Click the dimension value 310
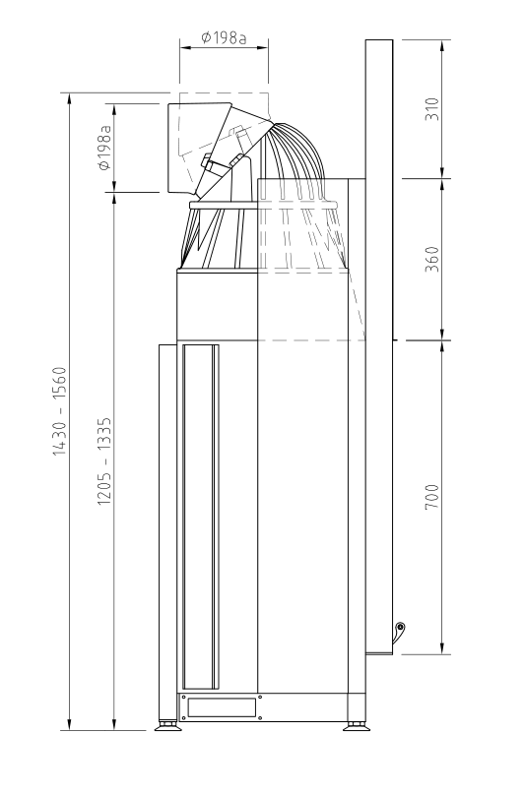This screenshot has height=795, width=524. [x=431, y=108]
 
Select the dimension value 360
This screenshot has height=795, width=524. [x=431, y=259]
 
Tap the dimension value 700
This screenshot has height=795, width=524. [x=431, y=497]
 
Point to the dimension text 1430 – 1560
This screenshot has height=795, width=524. [x=59, y=411]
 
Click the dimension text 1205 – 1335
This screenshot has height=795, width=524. [x=104, y=461]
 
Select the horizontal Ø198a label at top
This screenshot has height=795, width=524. [x=224, y=37]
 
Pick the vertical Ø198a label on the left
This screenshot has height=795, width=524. [x=104, y=148]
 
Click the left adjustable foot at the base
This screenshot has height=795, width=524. [x=167, y=725]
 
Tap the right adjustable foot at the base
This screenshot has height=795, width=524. [x=356, y=725]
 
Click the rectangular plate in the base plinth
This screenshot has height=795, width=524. [x=222, y=707]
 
